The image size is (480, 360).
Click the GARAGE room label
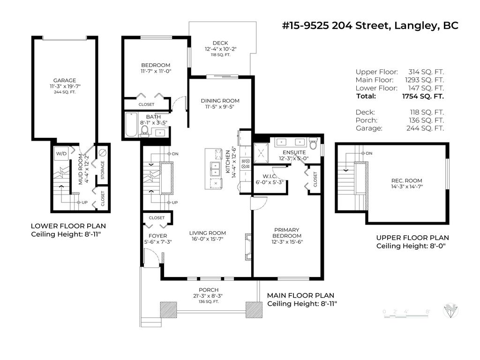(x=64, y=80)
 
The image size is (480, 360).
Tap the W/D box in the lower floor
(x=61, y=153)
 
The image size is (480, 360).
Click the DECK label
(x=220, y=43)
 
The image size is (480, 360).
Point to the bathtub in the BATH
(x=132, y=126)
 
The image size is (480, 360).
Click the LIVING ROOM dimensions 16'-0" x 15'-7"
(x=207, y=239)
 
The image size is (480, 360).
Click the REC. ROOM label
(x=406, y=180)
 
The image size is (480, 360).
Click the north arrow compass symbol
(x=451, y=310)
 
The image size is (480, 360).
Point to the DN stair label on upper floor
(x=368, y=153)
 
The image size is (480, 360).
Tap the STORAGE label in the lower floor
(x=103, y=169)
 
